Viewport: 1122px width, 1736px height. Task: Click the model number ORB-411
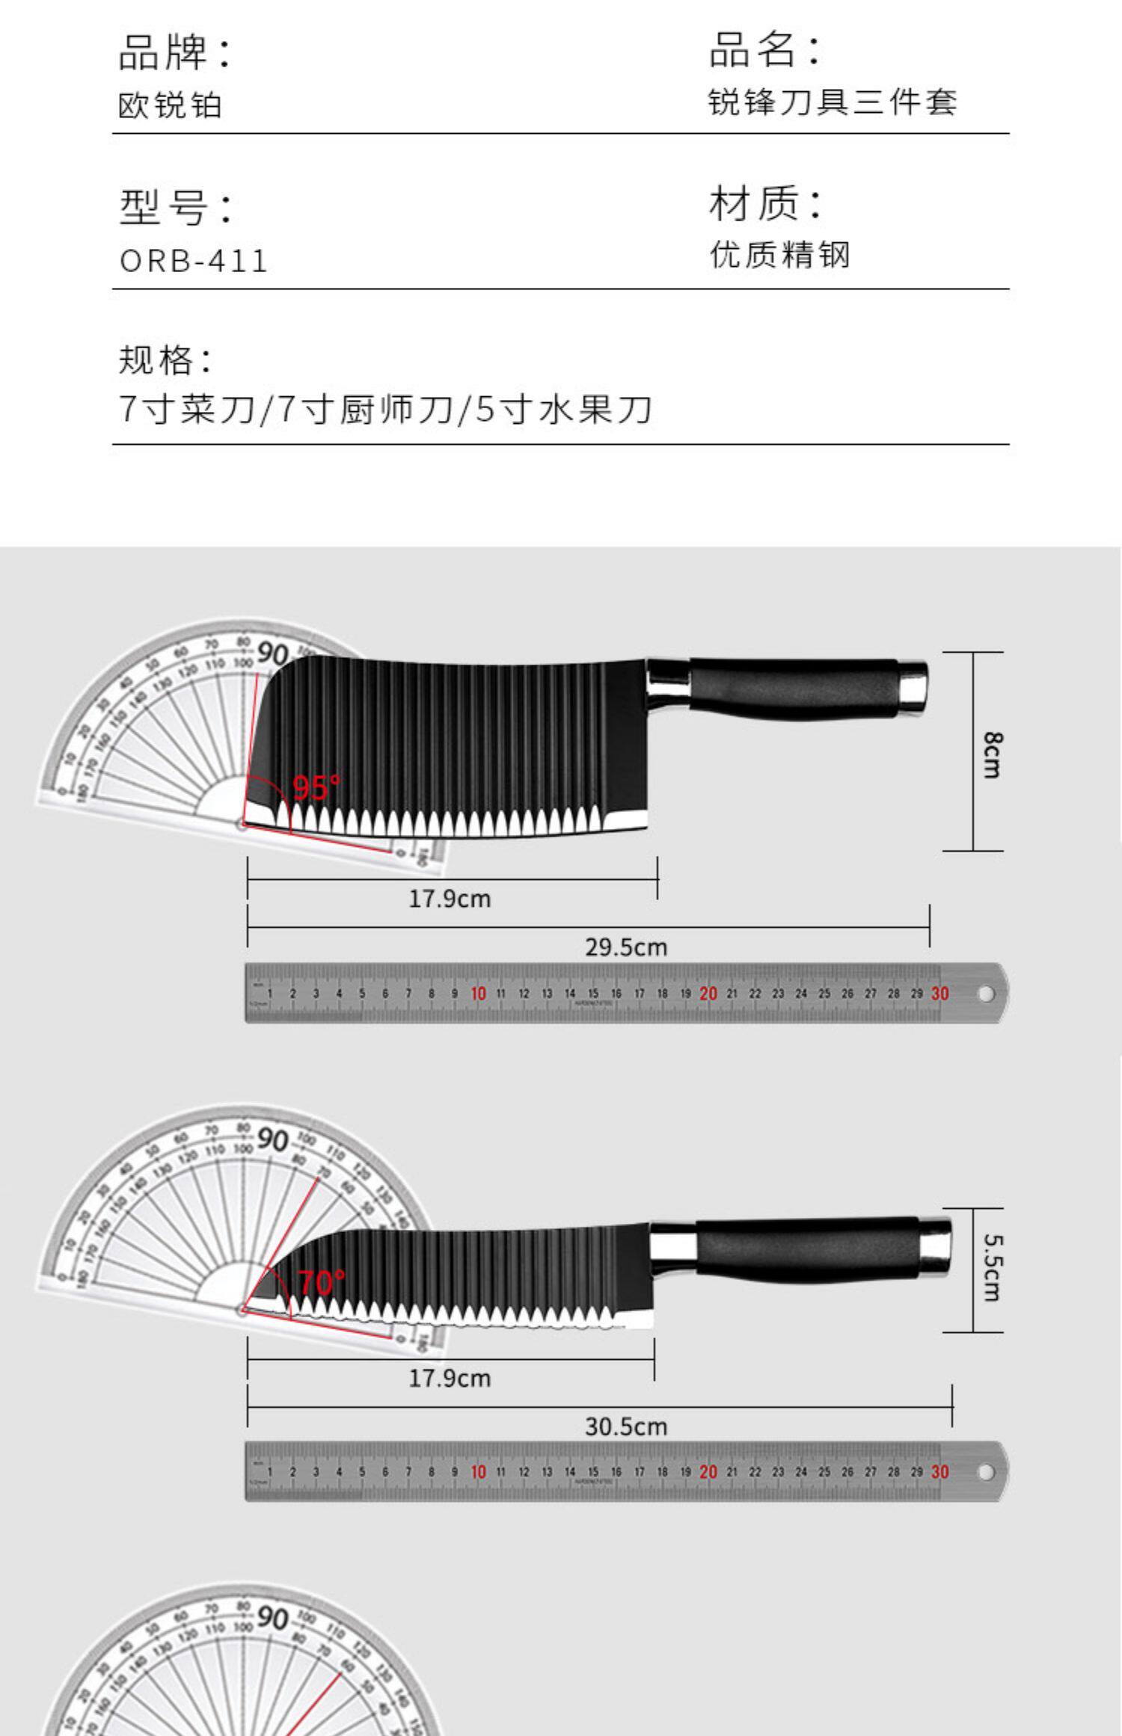[193, 261]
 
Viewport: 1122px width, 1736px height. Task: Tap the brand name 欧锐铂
[171, 105]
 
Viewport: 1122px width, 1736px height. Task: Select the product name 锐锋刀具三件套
[832, 102]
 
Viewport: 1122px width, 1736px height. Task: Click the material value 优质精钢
[779, 255]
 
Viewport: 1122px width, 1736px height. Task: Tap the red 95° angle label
[316, 787]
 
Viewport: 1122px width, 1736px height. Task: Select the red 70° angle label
[322, 1283]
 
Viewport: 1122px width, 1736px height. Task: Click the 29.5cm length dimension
[625, 947]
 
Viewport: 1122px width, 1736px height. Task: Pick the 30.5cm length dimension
[625, 1426]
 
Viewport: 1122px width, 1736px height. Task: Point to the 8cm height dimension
[991, 754]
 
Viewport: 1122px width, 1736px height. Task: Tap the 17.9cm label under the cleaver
[450, 898]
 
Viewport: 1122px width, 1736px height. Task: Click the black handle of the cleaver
[793, 687]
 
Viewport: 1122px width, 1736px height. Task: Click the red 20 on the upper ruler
[708, 994]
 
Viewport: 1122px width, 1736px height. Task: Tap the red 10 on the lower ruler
[479, 1472]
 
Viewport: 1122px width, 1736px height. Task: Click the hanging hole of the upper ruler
[986, 994]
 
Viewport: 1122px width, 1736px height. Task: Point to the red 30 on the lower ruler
[940, 1472]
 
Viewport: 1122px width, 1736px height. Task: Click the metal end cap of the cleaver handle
[913, 683]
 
